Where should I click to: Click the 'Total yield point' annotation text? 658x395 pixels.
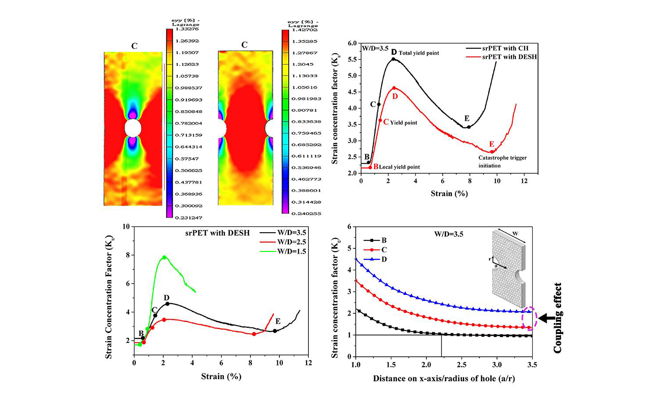[418, 53]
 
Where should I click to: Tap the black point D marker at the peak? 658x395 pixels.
[393, 59]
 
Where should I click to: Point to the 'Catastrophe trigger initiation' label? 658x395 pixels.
[502, 162]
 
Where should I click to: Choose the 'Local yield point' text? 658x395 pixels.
[399, 167]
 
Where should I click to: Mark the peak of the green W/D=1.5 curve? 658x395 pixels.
[164, 257]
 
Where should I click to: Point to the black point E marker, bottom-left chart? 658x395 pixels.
[275, 331]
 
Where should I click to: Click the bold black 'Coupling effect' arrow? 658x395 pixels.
[545, 319]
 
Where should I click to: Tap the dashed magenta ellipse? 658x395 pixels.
[529, 318]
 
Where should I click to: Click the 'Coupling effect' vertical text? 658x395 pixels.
[558, 318]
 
